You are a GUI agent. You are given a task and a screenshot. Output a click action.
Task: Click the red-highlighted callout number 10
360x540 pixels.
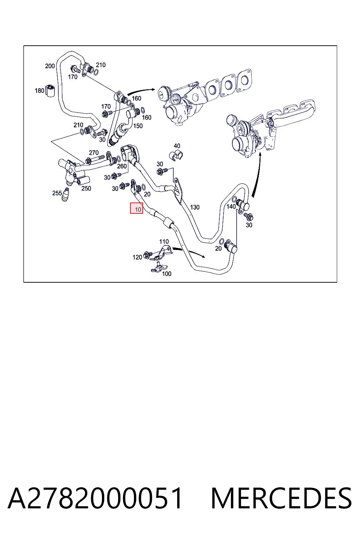click(x=136, y=208)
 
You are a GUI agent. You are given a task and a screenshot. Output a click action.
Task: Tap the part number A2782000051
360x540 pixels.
click(x=95, y=499)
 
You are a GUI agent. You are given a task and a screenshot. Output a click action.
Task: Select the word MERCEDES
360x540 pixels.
click(x=281, y=499)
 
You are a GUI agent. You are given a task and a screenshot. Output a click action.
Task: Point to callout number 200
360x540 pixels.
click(x=50, y=66)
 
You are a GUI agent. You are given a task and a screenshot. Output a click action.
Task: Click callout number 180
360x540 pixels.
click(x=39, y=91)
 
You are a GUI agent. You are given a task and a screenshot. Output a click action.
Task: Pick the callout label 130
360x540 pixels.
click(x=195, y=207)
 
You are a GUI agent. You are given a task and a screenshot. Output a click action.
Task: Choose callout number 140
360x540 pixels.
click(x=231, y=206)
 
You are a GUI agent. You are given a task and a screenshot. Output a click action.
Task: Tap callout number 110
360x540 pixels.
click(x=164, y=241)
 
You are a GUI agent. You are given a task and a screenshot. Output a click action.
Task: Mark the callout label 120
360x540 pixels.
click(x=137, y=257)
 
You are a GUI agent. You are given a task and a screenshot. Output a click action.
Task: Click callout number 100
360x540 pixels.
click(x=167, y=274)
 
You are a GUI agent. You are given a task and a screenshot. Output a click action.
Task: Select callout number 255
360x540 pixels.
click(x=57, y=193)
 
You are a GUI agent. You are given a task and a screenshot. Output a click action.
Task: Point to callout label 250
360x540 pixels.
click(x=86, y=188)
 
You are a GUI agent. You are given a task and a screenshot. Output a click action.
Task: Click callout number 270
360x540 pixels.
click(x=94, y=153)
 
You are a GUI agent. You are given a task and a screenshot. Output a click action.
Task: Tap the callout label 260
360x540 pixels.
click(x=122, y=166)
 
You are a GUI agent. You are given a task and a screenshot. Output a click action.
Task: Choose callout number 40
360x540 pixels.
click(x=177, y=146)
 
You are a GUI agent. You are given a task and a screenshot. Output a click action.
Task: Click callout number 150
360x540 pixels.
click(x=138, y=126)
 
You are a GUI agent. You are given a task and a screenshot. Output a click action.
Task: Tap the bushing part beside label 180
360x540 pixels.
click(x=51, y=90)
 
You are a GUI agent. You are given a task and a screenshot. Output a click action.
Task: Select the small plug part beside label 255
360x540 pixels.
click(x=65, y=195)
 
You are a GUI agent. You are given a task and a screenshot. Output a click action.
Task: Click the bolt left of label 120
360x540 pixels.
click(x=147, y=254)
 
